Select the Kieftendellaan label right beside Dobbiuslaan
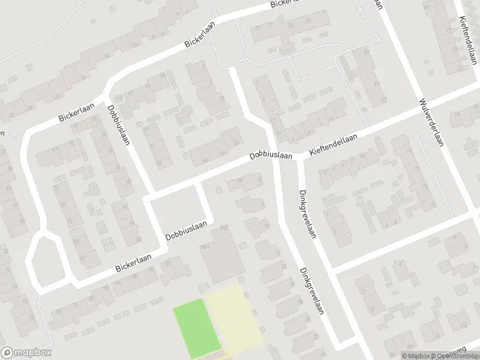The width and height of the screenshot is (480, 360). point(333,146)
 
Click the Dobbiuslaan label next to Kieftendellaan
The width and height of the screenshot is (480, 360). point(271,156)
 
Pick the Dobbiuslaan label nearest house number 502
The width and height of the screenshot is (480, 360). point(186,233)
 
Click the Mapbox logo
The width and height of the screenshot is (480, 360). point(26,353)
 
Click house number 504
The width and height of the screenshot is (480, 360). point(205,247)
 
